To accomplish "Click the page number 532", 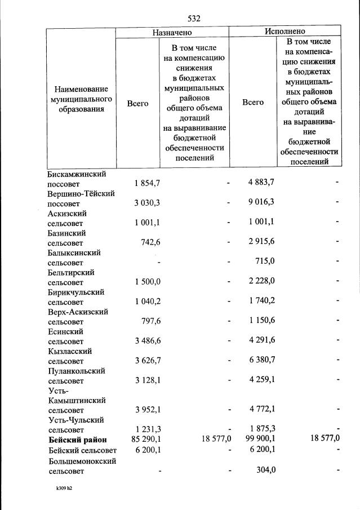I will [194, 18].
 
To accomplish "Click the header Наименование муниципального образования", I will [81, 99].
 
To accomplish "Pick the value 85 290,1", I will [147, 440].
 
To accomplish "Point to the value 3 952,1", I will [148, 409].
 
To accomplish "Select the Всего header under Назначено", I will [137, 103].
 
